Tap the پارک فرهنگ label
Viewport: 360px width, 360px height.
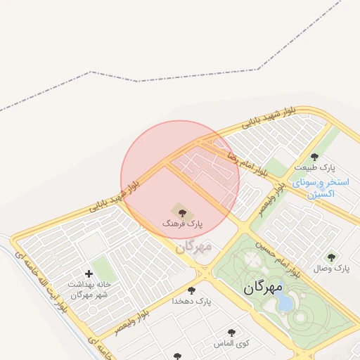(181, 223)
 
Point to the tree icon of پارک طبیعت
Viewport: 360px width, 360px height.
(314, 156)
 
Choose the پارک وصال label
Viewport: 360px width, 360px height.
(332, 269)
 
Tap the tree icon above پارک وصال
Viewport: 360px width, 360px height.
(332, 257)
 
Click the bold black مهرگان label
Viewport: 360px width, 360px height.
(263, 288)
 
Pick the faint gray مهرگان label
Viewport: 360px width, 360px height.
(193, 247)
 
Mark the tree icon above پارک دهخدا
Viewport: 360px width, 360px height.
(191, 290)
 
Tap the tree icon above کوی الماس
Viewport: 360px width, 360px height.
(231, 333)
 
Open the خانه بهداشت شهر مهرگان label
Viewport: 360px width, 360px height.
(89, 290)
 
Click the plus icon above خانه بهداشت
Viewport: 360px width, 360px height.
(89, 273)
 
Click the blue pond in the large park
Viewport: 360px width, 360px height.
(285, 302)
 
